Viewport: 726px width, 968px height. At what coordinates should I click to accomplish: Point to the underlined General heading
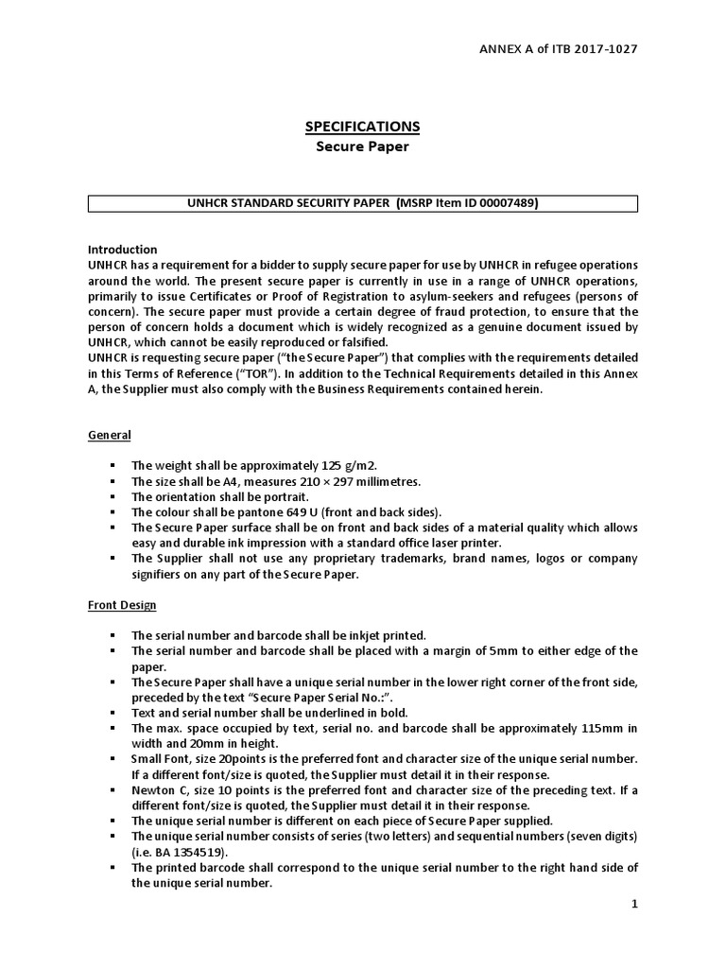pyautogui.click(x=110, y=435)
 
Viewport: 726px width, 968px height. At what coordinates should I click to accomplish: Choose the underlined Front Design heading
pyautogui.click(x=122, y=605)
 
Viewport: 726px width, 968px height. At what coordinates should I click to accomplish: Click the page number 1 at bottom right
pyautogui.click(x=635, y=905)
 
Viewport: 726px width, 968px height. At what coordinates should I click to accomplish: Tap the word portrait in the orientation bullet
pyautogui.click(x=270, y=497)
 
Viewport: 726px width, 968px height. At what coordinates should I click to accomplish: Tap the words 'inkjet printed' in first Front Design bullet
pyautogui.click(x=385, y=635)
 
